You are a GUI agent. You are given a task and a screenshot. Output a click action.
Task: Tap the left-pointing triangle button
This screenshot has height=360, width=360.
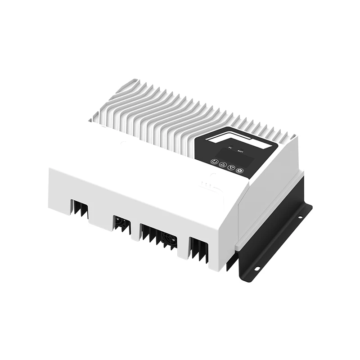tap(222, 164)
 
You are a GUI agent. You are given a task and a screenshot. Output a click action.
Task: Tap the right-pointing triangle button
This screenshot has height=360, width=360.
tap(231, 167)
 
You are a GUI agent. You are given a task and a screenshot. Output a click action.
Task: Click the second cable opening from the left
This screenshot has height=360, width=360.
tap(122, 223)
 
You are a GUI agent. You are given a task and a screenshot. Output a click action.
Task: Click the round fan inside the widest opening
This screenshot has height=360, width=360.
tap(169, 240)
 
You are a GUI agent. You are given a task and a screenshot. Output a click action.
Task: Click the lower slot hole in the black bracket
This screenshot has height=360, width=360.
tap(257, 269)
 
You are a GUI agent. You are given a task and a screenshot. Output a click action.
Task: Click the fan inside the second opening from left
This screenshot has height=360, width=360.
tap(121, 222)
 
